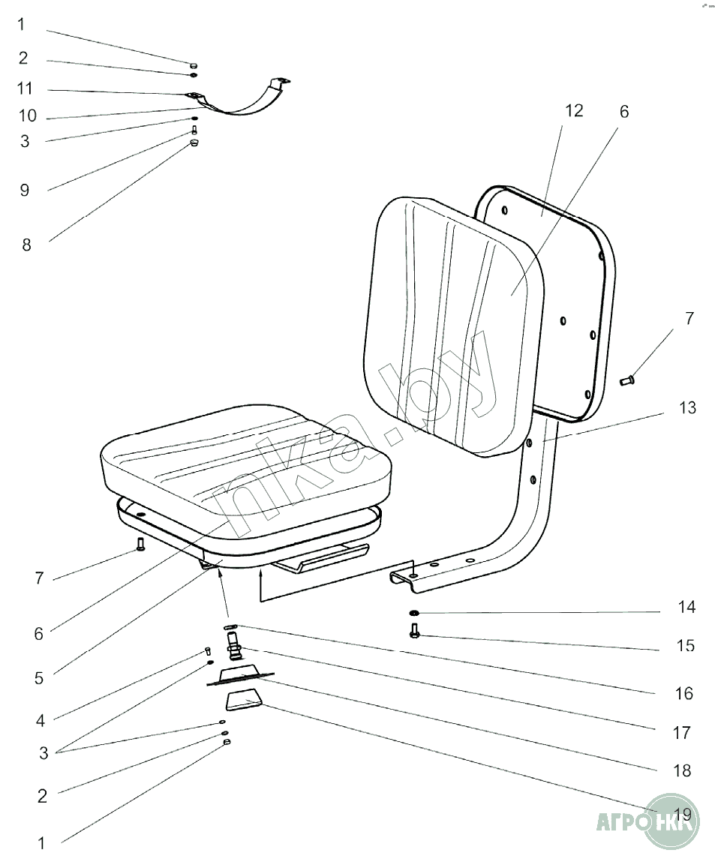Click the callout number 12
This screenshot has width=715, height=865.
click(x=574, y=111)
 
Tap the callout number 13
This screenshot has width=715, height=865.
click(x=687, y=407)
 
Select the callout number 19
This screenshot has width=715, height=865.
click(x=683, y=814)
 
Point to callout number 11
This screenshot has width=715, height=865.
click(x=25, y=89)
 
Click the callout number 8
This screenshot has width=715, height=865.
click(x=26, y=245)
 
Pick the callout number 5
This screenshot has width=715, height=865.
click(x=38, y=678)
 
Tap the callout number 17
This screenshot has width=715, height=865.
click(x=682, y=733)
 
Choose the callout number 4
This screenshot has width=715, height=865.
click(x=41, y=720)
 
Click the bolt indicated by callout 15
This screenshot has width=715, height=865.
click(x=415, y=630)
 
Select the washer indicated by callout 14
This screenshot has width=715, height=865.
click(x=414, y=612)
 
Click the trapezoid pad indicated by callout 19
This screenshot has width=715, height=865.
click(x=243, y=700)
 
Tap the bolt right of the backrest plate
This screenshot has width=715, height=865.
click(x=627, y=380)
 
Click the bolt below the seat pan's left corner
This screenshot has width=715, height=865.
click(x=140, y=545)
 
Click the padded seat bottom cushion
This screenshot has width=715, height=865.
click(x=247, y=473)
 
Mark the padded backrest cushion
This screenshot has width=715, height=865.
click(x=453, y=326)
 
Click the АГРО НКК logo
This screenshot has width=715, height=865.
click(x=648, y=822)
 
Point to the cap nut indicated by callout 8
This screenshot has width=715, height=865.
click(x=194, y=143)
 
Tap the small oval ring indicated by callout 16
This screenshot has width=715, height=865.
click(x=230, y=626)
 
